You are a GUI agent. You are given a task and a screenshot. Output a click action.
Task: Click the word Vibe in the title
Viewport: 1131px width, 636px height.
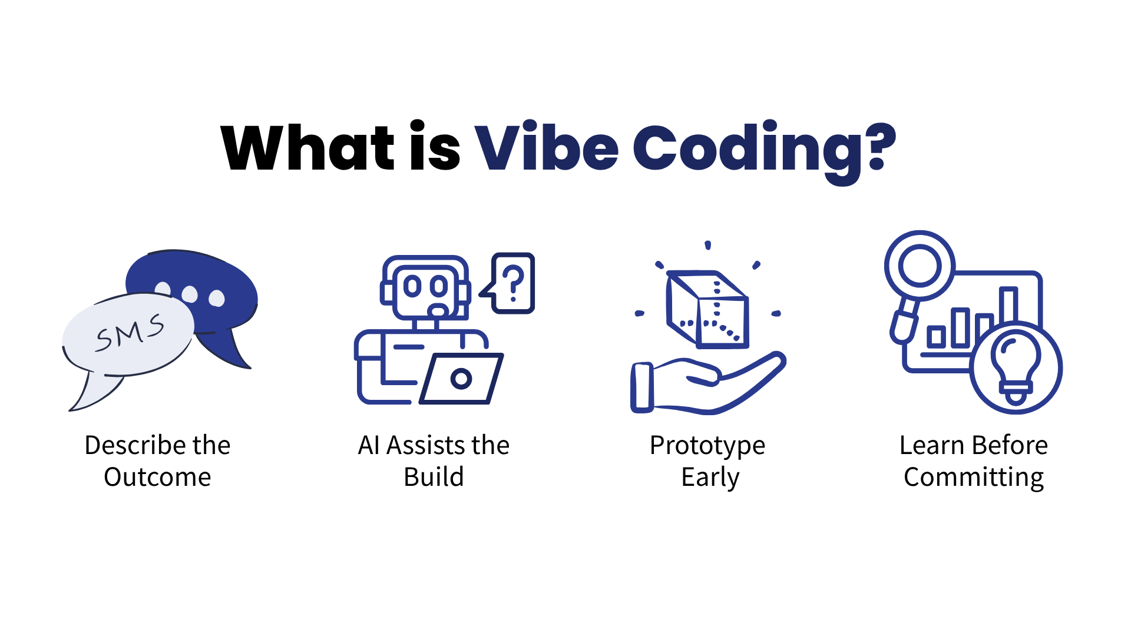[546, 147]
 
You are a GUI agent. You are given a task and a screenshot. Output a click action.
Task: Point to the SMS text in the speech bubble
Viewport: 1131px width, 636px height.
[130, 333]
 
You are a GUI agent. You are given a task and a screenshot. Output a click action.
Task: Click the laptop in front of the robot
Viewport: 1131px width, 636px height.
[461, 379]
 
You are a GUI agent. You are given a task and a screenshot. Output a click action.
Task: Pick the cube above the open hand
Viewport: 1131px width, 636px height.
[707, 309]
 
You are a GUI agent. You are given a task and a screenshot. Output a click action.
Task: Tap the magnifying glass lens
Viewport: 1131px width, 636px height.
[919, 266]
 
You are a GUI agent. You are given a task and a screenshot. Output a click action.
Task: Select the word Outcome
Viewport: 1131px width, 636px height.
[157, 477]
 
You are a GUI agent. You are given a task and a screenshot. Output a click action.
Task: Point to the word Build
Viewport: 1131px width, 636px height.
[434, 477]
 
